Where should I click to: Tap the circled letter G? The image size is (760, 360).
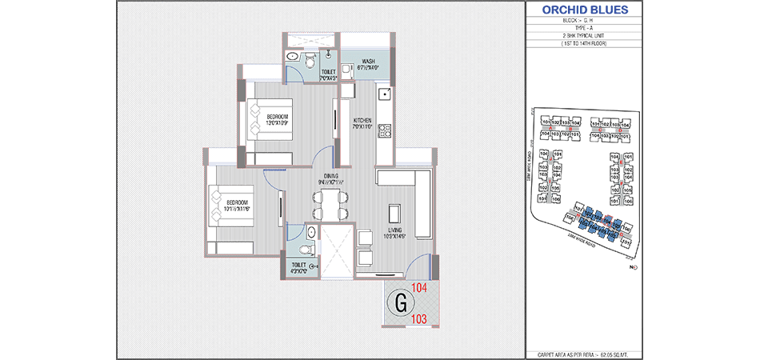400,303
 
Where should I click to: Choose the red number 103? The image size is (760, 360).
419,319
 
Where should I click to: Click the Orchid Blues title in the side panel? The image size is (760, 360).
585,10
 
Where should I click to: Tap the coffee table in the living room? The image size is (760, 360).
395,214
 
